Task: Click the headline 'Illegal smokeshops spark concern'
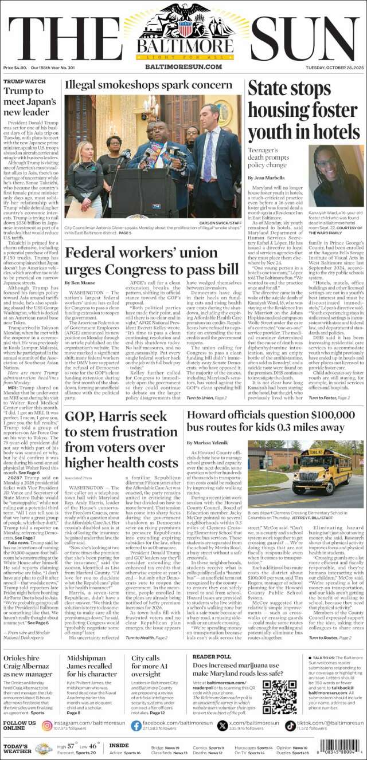coord(148,85)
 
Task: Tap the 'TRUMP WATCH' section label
coord(24,81)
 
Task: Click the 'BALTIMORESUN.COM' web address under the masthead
coord(183,67)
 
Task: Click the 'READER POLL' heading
coord(212,656)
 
